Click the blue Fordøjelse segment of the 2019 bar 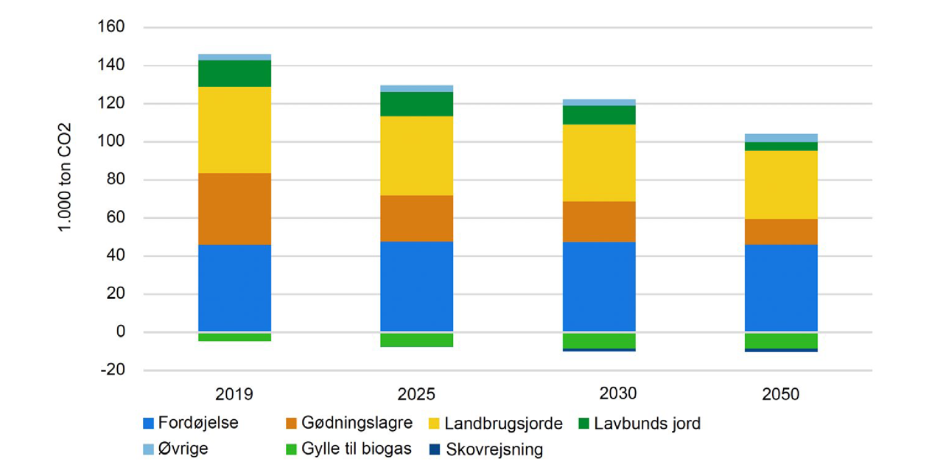tap(234, 287)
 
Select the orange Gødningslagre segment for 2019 tap(234, 209)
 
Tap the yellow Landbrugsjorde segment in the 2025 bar tap(416, 155)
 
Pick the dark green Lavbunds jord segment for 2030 tap(599, 115)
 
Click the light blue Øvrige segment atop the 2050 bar tap(781, 138)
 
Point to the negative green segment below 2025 tap(416, 340)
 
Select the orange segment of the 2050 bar tap(781, 231)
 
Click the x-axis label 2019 tap(234, 393)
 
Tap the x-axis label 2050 tap(781, 394)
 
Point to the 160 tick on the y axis tap(112, 27)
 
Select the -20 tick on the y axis tap(112, 370)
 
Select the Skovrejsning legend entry tap(494, 449)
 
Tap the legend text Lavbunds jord tap(647, 424)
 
